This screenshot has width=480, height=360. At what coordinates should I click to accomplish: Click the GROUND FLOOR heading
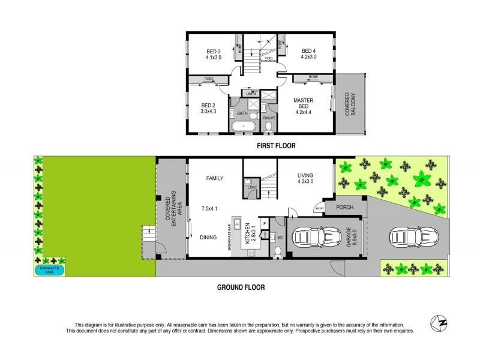[x=240, y=287]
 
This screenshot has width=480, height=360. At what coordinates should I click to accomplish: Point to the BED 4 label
[x=308, y=55]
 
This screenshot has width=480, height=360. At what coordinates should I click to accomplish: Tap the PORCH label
[x=344, y=208]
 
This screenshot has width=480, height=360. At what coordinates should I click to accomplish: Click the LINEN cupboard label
[x=251, y=94]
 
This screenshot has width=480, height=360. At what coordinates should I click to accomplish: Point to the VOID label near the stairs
[x=269, y=59]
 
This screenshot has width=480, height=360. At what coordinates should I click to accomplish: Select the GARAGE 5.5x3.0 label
[x=352, y=238]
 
